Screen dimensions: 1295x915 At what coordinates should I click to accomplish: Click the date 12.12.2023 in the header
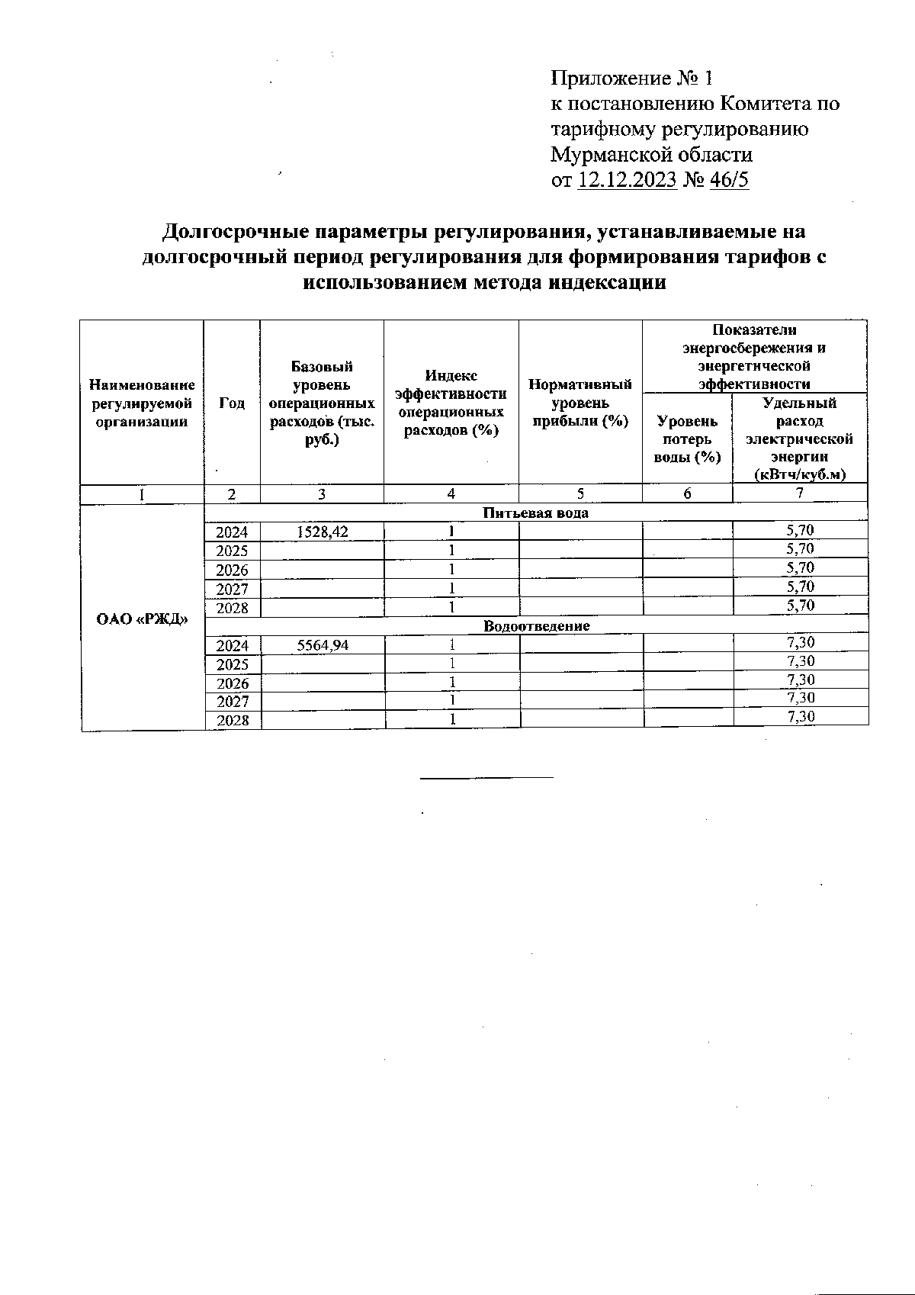pyautogui.click(x=628, y=180)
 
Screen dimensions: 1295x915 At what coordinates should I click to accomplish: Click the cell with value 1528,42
pyautogui.click(x=322, y=532)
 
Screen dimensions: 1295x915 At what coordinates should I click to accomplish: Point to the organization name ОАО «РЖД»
pyautogui.click(x=143, y=617)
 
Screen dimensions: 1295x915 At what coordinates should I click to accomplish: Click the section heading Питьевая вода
pyautogui.click(x=536, y=513)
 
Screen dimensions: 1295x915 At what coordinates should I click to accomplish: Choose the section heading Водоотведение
pyautogui.click(x=537, y=626)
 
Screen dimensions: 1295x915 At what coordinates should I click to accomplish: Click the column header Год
pyautogui.click(x=232, y=403)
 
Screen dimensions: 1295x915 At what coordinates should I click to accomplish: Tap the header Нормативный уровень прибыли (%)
pyautogui.click(x=580, y=403)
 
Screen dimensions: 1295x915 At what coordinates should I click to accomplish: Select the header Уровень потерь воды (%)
pyautogui.click(x=687, y=439)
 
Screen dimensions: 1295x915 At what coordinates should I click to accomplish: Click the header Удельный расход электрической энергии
pyautogui.click(x=799, y=439)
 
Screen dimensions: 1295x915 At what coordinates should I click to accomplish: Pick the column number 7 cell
pyautogui.click(x=799, y=493)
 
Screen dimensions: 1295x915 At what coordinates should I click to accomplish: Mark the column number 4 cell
pyautogui.click(x=451, y=493)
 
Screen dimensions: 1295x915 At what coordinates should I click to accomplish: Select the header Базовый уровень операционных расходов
pyautogui.click(x=322, y=403)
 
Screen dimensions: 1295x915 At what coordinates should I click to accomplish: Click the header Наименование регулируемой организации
pyautogui.click(x=143, y=403)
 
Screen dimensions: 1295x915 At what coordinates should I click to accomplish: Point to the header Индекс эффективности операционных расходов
pyautogui.click(x=451, y=403)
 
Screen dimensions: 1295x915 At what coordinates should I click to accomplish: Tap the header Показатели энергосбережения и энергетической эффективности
pyautogui.click(x=754, y=357)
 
